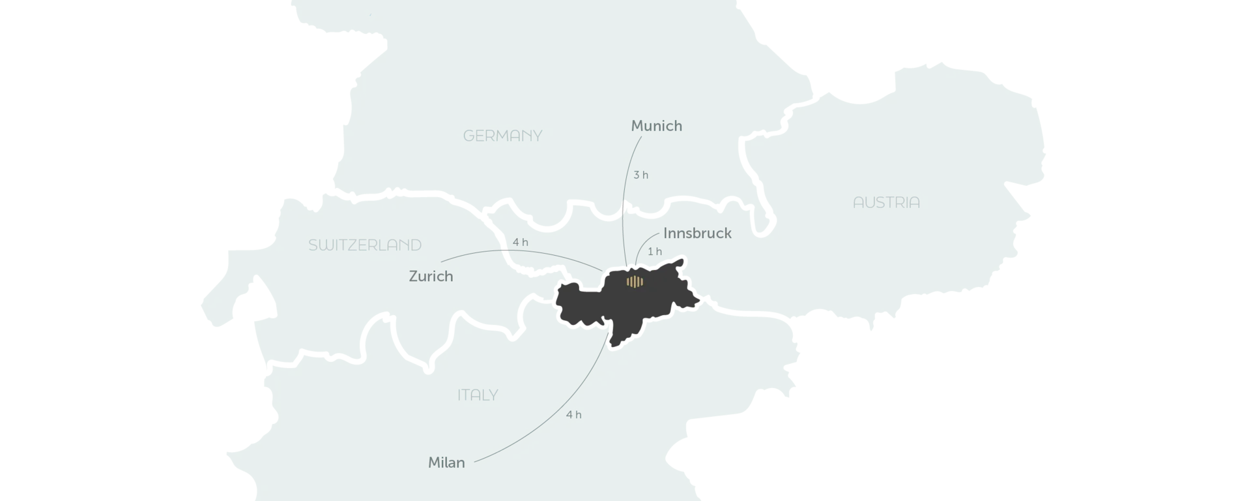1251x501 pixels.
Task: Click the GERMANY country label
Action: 502,136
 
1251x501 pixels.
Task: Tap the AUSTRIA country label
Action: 886,202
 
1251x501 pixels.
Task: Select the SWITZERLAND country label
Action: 365,245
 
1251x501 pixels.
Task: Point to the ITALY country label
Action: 478,395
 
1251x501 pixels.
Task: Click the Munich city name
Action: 657,126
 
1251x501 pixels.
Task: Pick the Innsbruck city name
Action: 697,233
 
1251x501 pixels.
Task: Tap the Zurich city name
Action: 431,277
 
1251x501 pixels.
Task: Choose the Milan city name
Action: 447,463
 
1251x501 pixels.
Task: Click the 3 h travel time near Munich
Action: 642,175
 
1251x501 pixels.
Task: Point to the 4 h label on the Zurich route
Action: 520,242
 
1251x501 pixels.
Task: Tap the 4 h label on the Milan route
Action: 573,414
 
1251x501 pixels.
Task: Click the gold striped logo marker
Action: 635,281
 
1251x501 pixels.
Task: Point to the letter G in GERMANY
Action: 468,136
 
